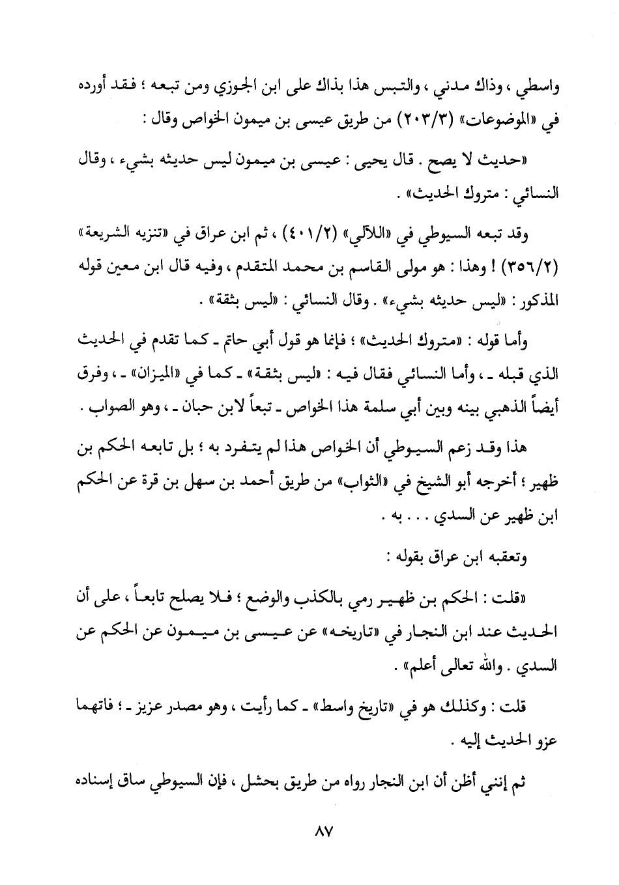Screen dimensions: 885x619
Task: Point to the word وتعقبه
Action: pos(506,558)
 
